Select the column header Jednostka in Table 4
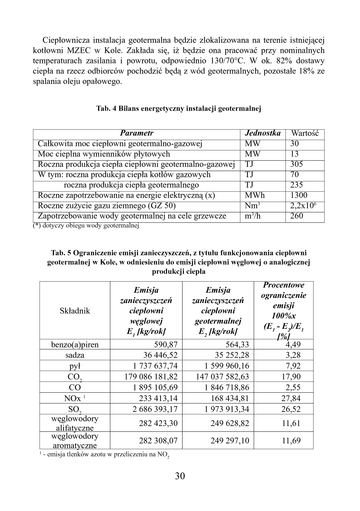pyautogui.click(x=262, y=133)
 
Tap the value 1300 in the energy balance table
pyautogui.click(x=299, y=196)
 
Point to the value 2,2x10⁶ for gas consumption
pyautogui.click(x=303, y=206)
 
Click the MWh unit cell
pyautogui.click(x=255, y=196)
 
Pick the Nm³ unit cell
pyautogui.click(x=252, y=206)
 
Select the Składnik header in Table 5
pyautogui.click(x=75, y=311)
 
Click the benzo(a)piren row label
pyautogui.click(x=75, y=345)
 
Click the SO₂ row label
pyautogui.click(x=75, y=409)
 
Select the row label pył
pyautogui.click(x=75, y=366)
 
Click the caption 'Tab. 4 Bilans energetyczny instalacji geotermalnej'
pyautogui.click(x=179, y=108)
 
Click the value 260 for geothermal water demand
pyautogui.click(x=297, y=216)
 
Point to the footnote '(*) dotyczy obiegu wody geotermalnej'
pyautogui.click(x=86, y=226)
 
